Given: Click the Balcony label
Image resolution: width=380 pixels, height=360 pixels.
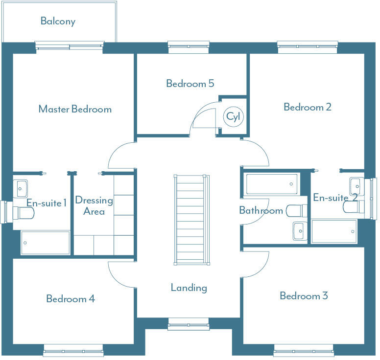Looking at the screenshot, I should (58, 21).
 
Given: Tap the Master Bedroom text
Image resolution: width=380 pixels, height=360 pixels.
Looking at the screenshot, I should (75, 109).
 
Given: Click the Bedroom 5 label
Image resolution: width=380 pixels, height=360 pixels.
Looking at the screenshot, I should (190, 84).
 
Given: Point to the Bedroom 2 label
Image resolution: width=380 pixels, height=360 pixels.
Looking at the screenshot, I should (308, 107).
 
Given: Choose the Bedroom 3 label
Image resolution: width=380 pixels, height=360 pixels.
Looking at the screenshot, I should (304, 296).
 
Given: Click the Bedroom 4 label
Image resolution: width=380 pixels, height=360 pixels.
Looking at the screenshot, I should (71, 298).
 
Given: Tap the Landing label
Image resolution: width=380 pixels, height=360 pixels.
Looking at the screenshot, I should (189, 288).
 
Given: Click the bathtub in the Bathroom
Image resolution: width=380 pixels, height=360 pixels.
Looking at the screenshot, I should (271, 184).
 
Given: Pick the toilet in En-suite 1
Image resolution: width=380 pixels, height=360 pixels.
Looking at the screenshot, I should (24, 213).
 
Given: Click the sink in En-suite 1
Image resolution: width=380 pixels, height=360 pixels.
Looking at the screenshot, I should (21, 187).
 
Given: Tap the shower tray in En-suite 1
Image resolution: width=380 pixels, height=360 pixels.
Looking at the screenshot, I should (45, 243).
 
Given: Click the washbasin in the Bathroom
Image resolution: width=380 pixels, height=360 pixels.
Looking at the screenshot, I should (299, 230).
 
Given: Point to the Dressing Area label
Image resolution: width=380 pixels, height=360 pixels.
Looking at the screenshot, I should (94, 206).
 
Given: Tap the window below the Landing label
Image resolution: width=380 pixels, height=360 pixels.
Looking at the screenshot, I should (189, 324).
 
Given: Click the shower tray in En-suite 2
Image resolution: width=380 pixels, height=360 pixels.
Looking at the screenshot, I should (334, 231).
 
